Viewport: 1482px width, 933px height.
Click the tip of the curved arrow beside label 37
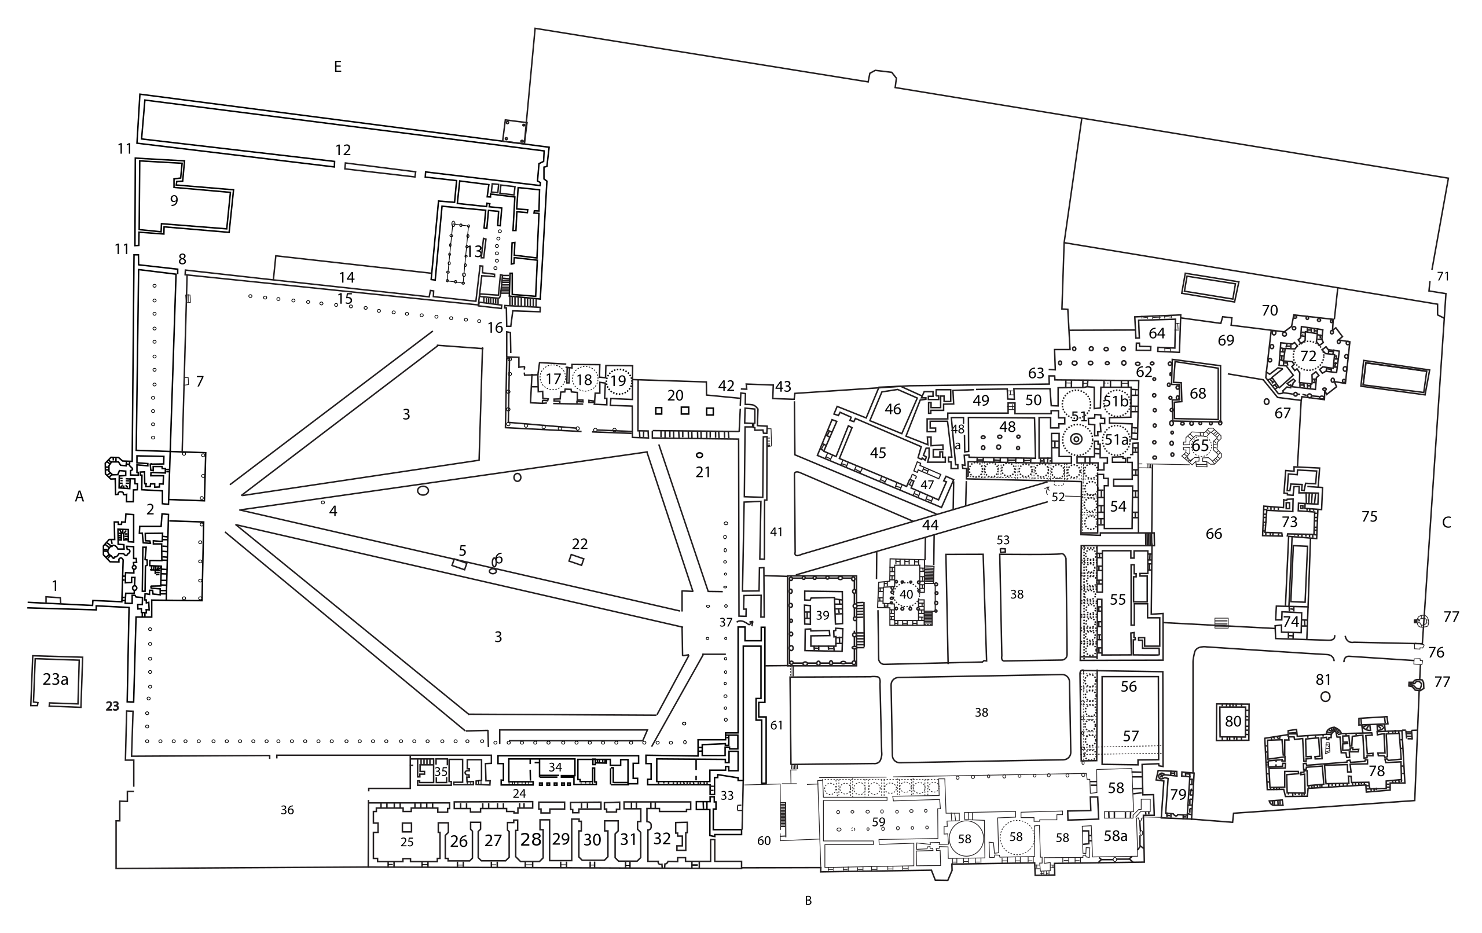753,622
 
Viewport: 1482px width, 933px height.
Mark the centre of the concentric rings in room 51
1076,439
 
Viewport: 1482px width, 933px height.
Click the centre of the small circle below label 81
1326,697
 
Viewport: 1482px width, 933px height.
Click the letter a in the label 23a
64,679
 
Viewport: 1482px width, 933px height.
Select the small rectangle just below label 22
576,560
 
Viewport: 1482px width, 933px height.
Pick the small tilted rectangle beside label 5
459,564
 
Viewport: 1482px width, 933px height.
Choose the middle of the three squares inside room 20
684,410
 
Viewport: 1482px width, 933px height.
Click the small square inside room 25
406,827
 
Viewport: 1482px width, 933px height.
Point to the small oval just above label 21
699,456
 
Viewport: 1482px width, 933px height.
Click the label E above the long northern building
338,67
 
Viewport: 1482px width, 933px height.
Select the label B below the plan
809,901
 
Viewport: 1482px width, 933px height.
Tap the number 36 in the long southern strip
287,810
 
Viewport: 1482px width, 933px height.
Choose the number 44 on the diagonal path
930,524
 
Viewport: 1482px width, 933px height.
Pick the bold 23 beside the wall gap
112,707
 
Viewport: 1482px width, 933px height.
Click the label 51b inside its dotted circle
1116,402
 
